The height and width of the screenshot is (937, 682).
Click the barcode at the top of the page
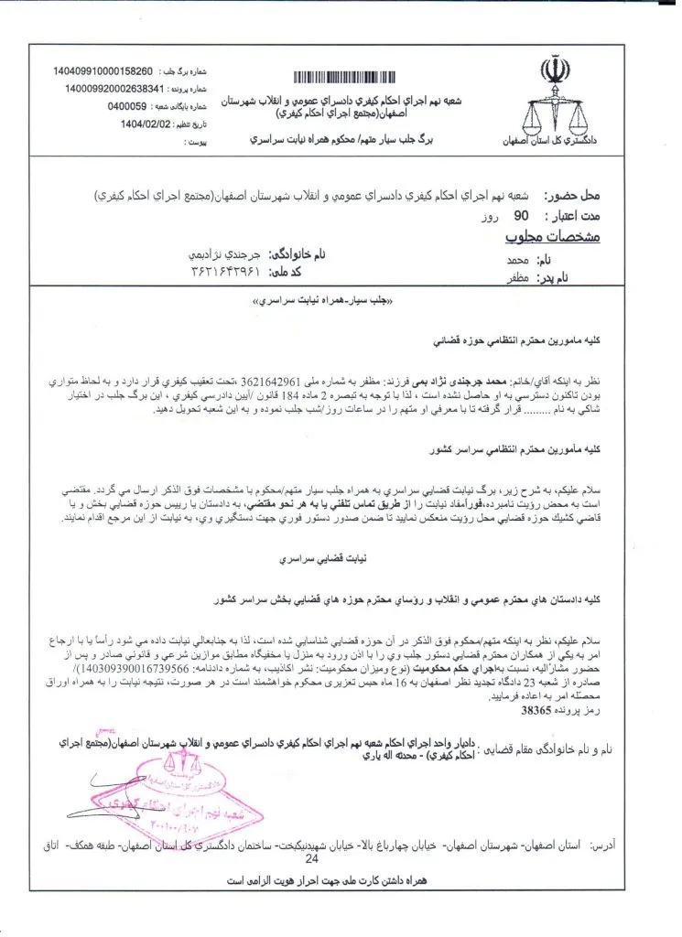click(x=352, y=76)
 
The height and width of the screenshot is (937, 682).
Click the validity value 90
click(x=522, y=218)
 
